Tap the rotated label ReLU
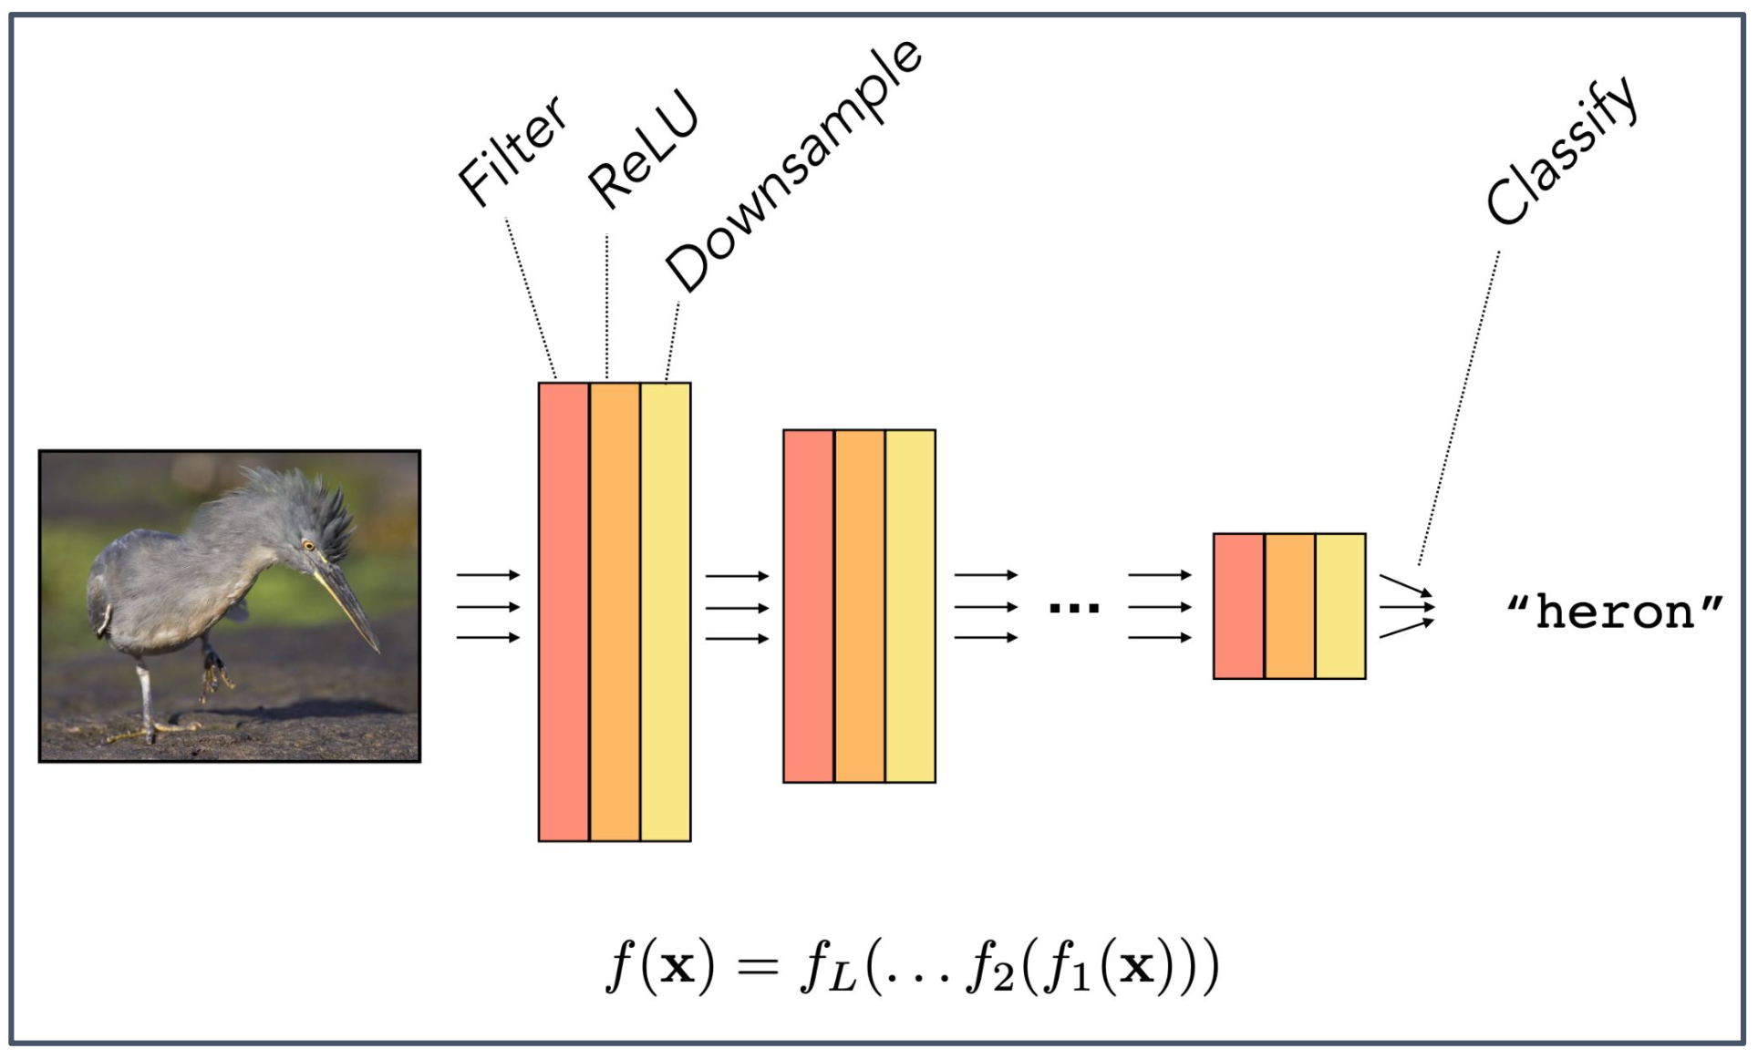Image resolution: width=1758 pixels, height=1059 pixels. [643, 150]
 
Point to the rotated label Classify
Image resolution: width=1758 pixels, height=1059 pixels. [1562, 151]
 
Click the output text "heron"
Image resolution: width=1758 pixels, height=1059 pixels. [1615, 612]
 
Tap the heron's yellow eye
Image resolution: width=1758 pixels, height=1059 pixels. [308, 546]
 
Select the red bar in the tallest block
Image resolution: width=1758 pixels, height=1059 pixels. [564, 612]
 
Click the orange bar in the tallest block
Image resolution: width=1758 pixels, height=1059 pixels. [615, 612]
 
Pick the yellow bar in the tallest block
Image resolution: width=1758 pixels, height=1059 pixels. [666, 612]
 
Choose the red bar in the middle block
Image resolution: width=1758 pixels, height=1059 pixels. [809, 606]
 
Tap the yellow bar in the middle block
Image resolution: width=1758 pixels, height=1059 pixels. [910, 606]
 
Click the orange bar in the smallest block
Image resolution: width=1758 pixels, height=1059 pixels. [1289, 606]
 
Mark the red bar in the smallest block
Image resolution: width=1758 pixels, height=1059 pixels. [1238, 606]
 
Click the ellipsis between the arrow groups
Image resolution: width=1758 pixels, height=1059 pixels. [1074, 607]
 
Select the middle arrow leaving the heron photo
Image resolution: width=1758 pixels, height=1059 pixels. [488, 607]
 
